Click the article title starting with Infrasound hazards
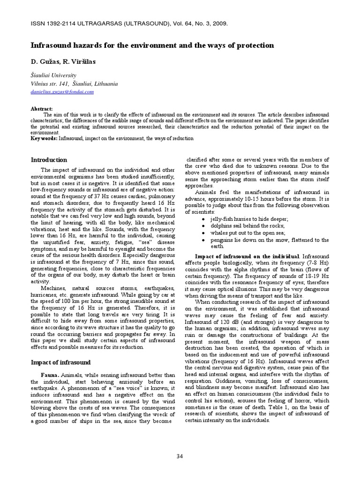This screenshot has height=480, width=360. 152,45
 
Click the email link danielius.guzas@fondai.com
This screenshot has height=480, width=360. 62,92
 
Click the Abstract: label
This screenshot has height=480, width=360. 42,108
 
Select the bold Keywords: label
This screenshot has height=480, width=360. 44,138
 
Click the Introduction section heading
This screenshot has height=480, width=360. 49,160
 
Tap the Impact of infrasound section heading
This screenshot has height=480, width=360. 60,362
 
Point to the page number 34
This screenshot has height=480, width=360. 180,456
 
